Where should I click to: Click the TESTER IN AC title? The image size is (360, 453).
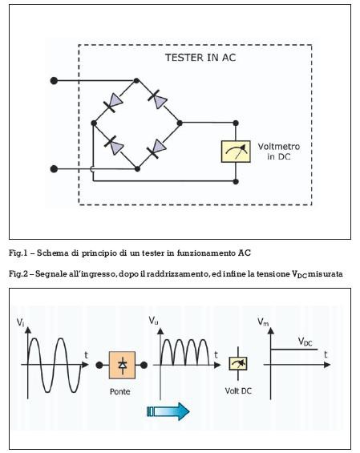pyautogui.click(x=200, y=58)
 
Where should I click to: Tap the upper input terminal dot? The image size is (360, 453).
pyautogui.click(x=54, y=81)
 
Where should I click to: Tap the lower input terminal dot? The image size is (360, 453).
pyautogui.click(x=54, y=168)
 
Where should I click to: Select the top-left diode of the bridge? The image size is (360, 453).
pyautogui.click(x=113, y=103)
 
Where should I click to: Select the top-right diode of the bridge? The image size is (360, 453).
pyautogui.click(x=158, y=99)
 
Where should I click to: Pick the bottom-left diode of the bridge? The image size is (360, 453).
pyautogui.click(x=114, y=145)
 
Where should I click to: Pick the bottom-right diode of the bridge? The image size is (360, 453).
pyautogui.click(x=157, y=149)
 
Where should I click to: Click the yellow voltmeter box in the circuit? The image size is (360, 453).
pyautogui.click(x=236, y=152)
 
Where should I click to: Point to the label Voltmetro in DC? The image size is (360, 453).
pyautogui.click(x=278, y=152)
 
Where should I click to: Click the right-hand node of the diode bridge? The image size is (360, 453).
pyautogui.click(x=180, y=123)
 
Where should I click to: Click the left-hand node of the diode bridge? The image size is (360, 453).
pyautogui.click(x=94, y=123)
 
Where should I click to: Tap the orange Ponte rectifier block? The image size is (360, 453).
pyautogui.click(x=122, y=365)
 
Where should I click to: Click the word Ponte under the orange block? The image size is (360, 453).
pyautogui.click(x=120, y=391)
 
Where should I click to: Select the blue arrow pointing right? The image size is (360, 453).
pyautogui.click(x=168, y=411)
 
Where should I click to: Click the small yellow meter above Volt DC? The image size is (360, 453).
pyautogui.click(x=238, y=363)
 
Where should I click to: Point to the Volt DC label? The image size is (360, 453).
pyautogui.click(x=238, y=390)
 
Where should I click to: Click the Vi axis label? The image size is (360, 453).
pyautogui.click(x=20, y=322)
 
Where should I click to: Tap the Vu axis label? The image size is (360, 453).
pyautogui.click(x=153, y=321)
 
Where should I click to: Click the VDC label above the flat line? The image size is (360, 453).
pyautogui.click(x=305, y=342)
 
